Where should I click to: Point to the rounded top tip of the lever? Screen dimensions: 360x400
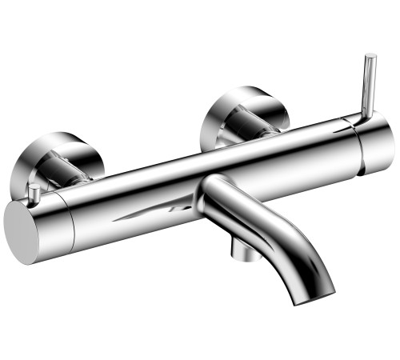tap(370, 58)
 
